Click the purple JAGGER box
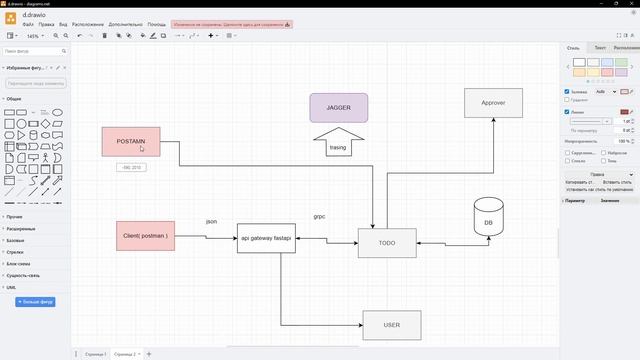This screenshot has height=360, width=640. click(x=338, y=107)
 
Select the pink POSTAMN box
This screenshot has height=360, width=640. click(x=131, y=141)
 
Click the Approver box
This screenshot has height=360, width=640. click(x=493, y=102)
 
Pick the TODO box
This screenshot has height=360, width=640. click(x=387, y=243)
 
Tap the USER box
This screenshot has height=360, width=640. click(x=391, y=325)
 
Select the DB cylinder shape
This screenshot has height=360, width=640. click(x=488, y=222)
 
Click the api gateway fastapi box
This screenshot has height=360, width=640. click(x=266, y=238)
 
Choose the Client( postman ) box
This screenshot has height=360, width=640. click(x=145, y=236)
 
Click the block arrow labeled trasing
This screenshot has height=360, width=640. click(x=338, y=141)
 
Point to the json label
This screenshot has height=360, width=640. click(x=211, y=221)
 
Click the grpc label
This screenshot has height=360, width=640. click(x=319, y=216)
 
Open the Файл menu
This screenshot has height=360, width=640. click(x=27, y=23)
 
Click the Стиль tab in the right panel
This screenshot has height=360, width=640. click(x=573, y=47)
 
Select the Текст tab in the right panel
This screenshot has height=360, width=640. click(x=600, y=47)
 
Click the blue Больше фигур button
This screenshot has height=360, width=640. click(x=35, y=301)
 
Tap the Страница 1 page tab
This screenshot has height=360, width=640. click(x=94, y=354)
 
